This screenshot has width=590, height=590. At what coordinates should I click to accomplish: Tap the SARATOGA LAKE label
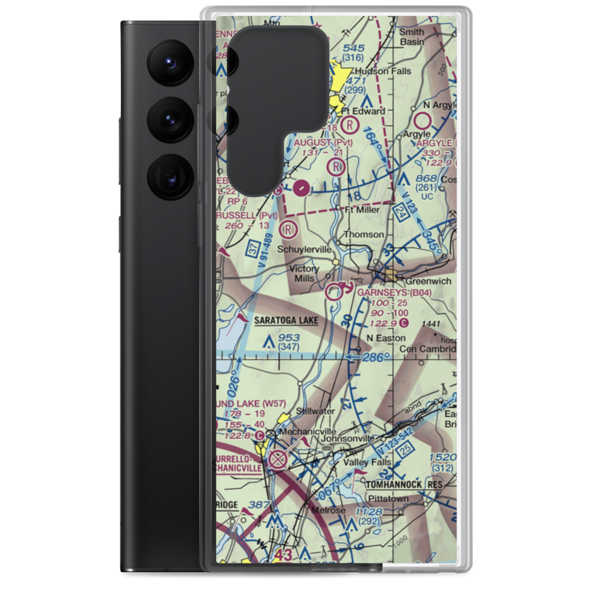click(x=286, y=320)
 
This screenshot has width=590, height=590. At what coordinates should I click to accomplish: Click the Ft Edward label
click(x=366, y=110)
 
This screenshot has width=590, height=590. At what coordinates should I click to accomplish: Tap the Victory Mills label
click(x=304, y=273)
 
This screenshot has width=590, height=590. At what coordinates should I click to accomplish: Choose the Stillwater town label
click(x=316, y=411)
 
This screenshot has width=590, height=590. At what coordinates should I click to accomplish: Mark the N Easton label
click(x=386, y=338)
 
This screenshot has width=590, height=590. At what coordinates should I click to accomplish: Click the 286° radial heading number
click(x=376, y=357)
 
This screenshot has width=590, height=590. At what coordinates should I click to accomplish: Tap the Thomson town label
click(x=364, y=234)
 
